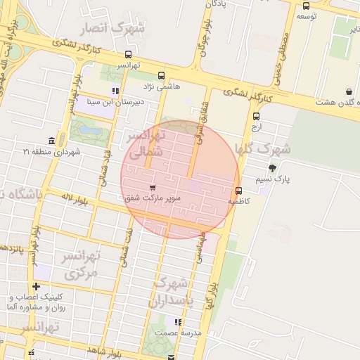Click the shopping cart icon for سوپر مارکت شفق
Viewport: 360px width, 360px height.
click(153, 188)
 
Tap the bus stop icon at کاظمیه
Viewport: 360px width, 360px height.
click(238, 191)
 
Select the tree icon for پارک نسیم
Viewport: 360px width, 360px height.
click(272, 167)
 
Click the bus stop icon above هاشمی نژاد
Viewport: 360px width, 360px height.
click(162, 76)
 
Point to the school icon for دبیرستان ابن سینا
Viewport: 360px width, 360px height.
click(115, 91)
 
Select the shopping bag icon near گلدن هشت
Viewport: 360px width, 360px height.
click(349, 91)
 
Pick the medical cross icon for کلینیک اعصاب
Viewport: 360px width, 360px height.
click(36, 286)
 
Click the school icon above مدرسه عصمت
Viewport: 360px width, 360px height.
click(180, 322)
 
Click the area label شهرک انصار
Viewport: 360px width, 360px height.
click(113, 28)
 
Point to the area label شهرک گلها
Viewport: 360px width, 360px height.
click(264, 148)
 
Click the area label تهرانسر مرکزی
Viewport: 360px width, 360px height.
click(82, 264)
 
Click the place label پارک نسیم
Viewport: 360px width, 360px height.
click(293, 179)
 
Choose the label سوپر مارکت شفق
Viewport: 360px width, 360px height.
click(153, 199)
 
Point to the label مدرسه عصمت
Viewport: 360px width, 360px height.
click(179, 333)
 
